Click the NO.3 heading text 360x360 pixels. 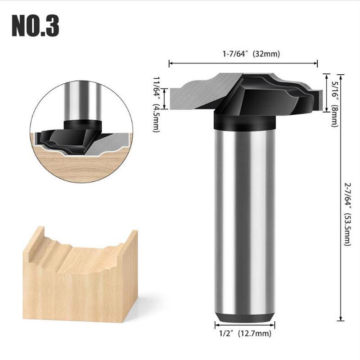(x=35, y=26)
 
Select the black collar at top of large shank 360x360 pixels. (x=243, y=121)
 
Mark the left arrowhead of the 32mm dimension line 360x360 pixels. (x=170, y=63)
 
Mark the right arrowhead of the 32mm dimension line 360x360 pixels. (x=317, y=63)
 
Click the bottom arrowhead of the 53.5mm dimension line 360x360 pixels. (x=339, y=317)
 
